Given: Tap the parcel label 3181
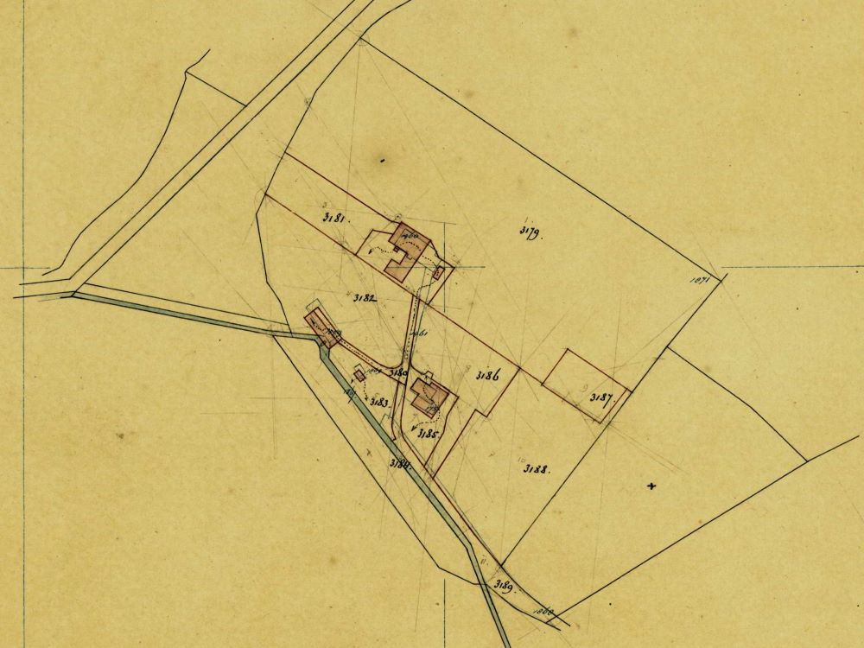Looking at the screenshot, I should [334, 219].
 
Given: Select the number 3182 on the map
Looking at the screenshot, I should [365, 297].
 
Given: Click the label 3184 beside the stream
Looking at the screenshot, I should [398, 464].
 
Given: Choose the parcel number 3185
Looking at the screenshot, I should [429, 434].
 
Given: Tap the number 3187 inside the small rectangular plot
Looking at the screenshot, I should [601, 398].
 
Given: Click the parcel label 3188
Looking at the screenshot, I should [537, 469].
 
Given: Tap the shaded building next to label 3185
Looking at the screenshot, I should [429, 396].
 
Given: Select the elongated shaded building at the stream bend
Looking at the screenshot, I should [323, 328].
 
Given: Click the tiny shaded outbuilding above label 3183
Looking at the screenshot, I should [359, 374].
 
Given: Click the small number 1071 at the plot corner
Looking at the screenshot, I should [700, 279].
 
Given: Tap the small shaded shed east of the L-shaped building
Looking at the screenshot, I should [437, 273].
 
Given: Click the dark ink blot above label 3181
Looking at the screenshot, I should [380, 161].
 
